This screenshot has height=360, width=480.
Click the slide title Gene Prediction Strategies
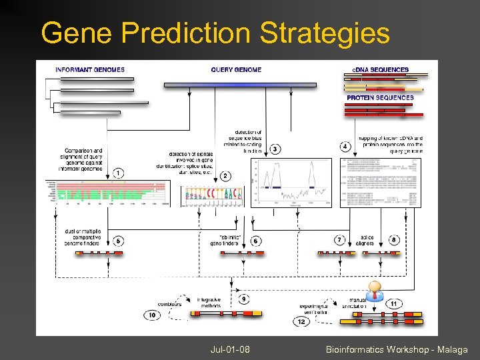(215, 33)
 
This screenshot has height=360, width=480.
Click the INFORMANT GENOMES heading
(90, 70)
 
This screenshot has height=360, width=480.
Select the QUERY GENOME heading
(236, 70)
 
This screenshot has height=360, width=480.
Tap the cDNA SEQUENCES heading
(380, 70)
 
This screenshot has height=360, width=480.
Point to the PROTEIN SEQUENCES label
(380, 98)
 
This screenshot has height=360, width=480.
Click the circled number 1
(118, 173)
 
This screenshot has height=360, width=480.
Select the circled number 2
(225, 176)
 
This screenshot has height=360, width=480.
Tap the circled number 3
(275, 149)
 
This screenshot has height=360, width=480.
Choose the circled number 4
(345, 146)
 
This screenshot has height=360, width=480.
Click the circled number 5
(119, 240)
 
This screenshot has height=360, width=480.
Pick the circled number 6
(256, 240)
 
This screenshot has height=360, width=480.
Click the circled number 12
(301, 321)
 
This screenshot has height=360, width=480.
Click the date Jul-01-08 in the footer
(229, 349)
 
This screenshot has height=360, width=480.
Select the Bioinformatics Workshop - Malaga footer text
(397, 349)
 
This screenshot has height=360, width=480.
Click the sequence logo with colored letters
(214, 194)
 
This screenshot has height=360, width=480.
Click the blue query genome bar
(249, 85)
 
